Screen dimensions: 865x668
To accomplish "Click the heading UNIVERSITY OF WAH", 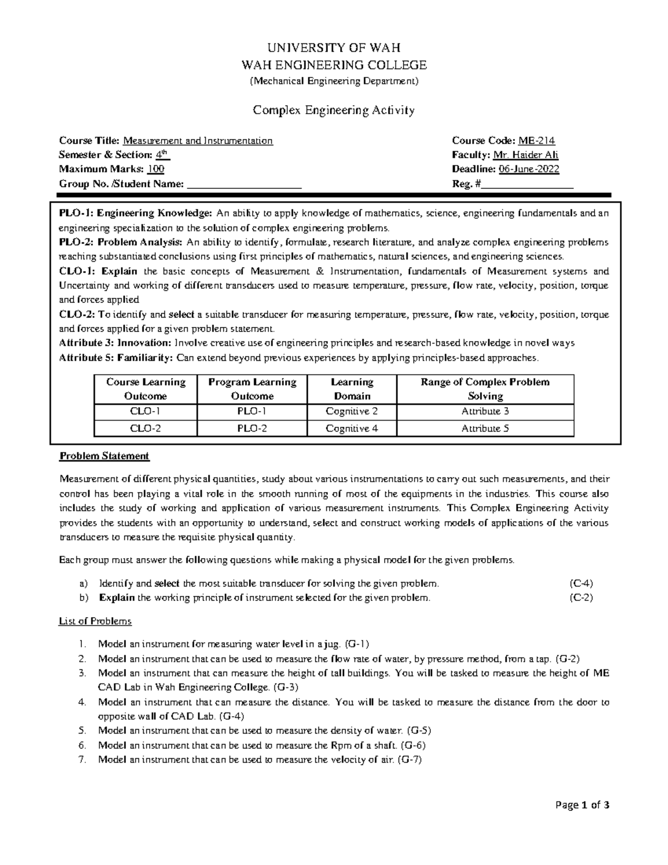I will coord(334,47).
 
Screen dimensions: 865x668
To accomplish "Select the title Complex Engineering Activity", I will coord(334,110).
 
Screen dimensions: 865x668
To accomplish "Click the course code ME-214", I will coord(537,141).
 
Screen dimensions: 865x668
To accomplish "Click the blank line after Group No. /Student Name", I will coord(244,185).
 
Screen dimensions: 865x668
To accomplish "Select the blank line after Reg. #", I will coord(527,185).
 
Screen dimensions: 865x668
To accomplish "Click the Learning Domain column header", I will coord(352,389).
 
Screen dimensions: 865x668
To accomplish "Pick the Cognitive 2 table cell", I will coord(352,412).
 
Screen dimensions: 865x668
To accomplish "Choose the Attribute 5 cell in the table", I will coord(485,428).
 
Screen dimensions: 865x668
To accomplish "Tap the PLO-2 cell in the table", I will coord(252,428).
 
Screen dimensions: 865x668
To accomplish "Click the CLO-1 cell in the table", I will coord(146,412).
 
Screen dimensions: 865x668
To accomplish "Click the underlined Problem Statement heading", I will coord(104,456).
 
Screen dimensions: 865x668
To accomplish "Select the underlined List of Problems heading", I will coord(95,621).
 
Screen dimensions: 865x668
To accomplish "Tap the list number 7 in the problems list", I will coord(82,760).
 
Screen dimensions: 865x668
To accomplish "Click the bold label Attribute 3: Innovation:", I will coord(115,343).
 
